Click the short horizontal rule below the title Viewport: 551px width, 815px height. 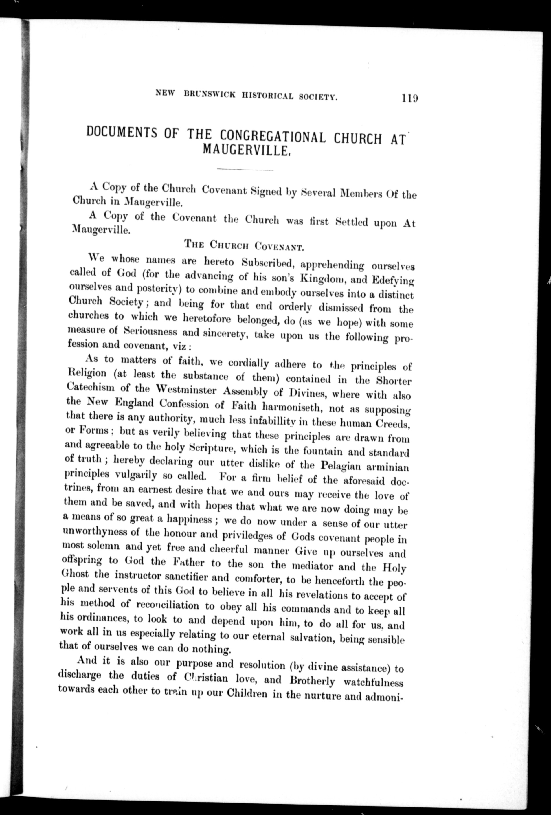coord(245,170)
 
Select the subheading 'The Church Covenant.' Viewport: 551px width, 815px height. coord(244,245)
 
